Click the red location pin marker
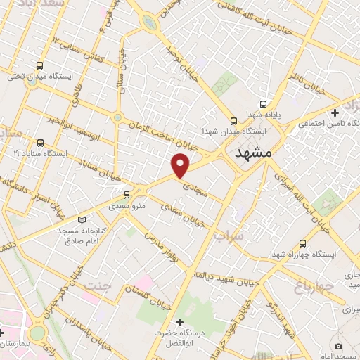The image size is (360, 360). coord(181,165)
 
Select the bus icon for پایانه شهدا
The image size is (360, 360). coord(262,101)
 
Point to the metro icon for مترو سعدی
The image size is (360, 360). coord(127,194)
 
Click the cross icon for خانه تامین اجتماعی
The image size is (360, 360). coord(335,112)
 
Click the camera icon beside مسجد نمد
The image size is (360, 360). coord(339,346)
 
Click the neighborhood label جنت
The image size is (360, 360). coord(98,285)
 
